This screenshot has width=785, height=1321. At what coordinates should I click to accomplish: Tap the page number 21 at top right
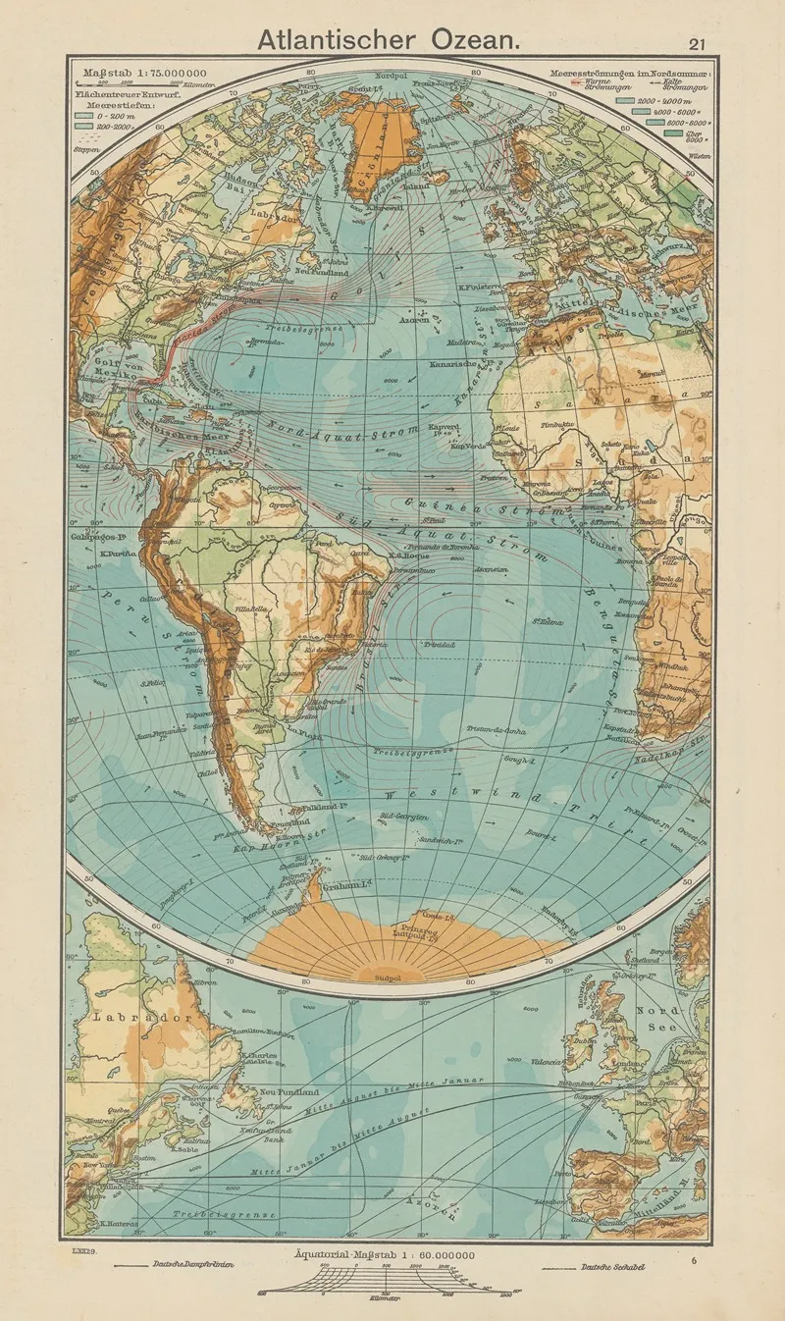tap(697, 43)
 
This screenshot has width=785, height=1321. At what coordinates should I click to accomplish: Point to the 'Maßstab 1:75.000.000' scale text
tap(143, 73)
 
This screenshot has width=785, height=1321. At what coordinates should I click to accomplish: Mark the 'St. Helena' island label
tap(547, 618)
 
